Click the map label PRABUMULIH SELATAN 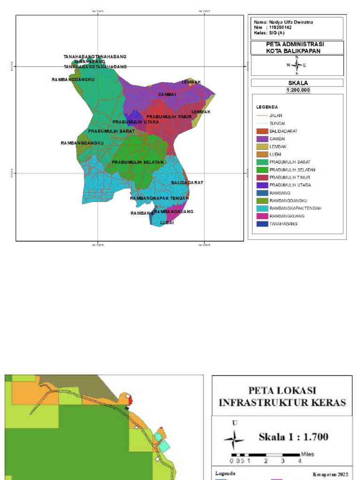(x=138, y=162)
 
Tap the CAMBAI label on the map (x=167, y=95)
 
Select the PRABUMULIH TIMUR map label (x=166, y=117)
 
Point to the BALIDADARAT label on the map (x=187, y=182)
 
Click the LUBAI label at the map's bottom (x=167, y=223)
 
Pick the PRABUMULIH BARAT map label (x=112, y=131)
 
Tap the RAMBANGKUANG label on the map (x=173, y=211)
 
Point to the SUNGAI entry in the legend (x=277, y=123)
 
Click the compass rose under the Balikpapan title (x=297, y=65)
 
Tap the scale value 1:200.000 (x=297, y=90)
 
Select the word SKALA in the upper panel (x=297, y=83)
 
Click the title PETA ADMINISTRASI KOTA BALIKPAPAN (x=297, y=47)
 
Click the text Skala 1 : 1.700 (x=293, y=437)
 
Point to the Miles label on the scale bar (x=307, y=454)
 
